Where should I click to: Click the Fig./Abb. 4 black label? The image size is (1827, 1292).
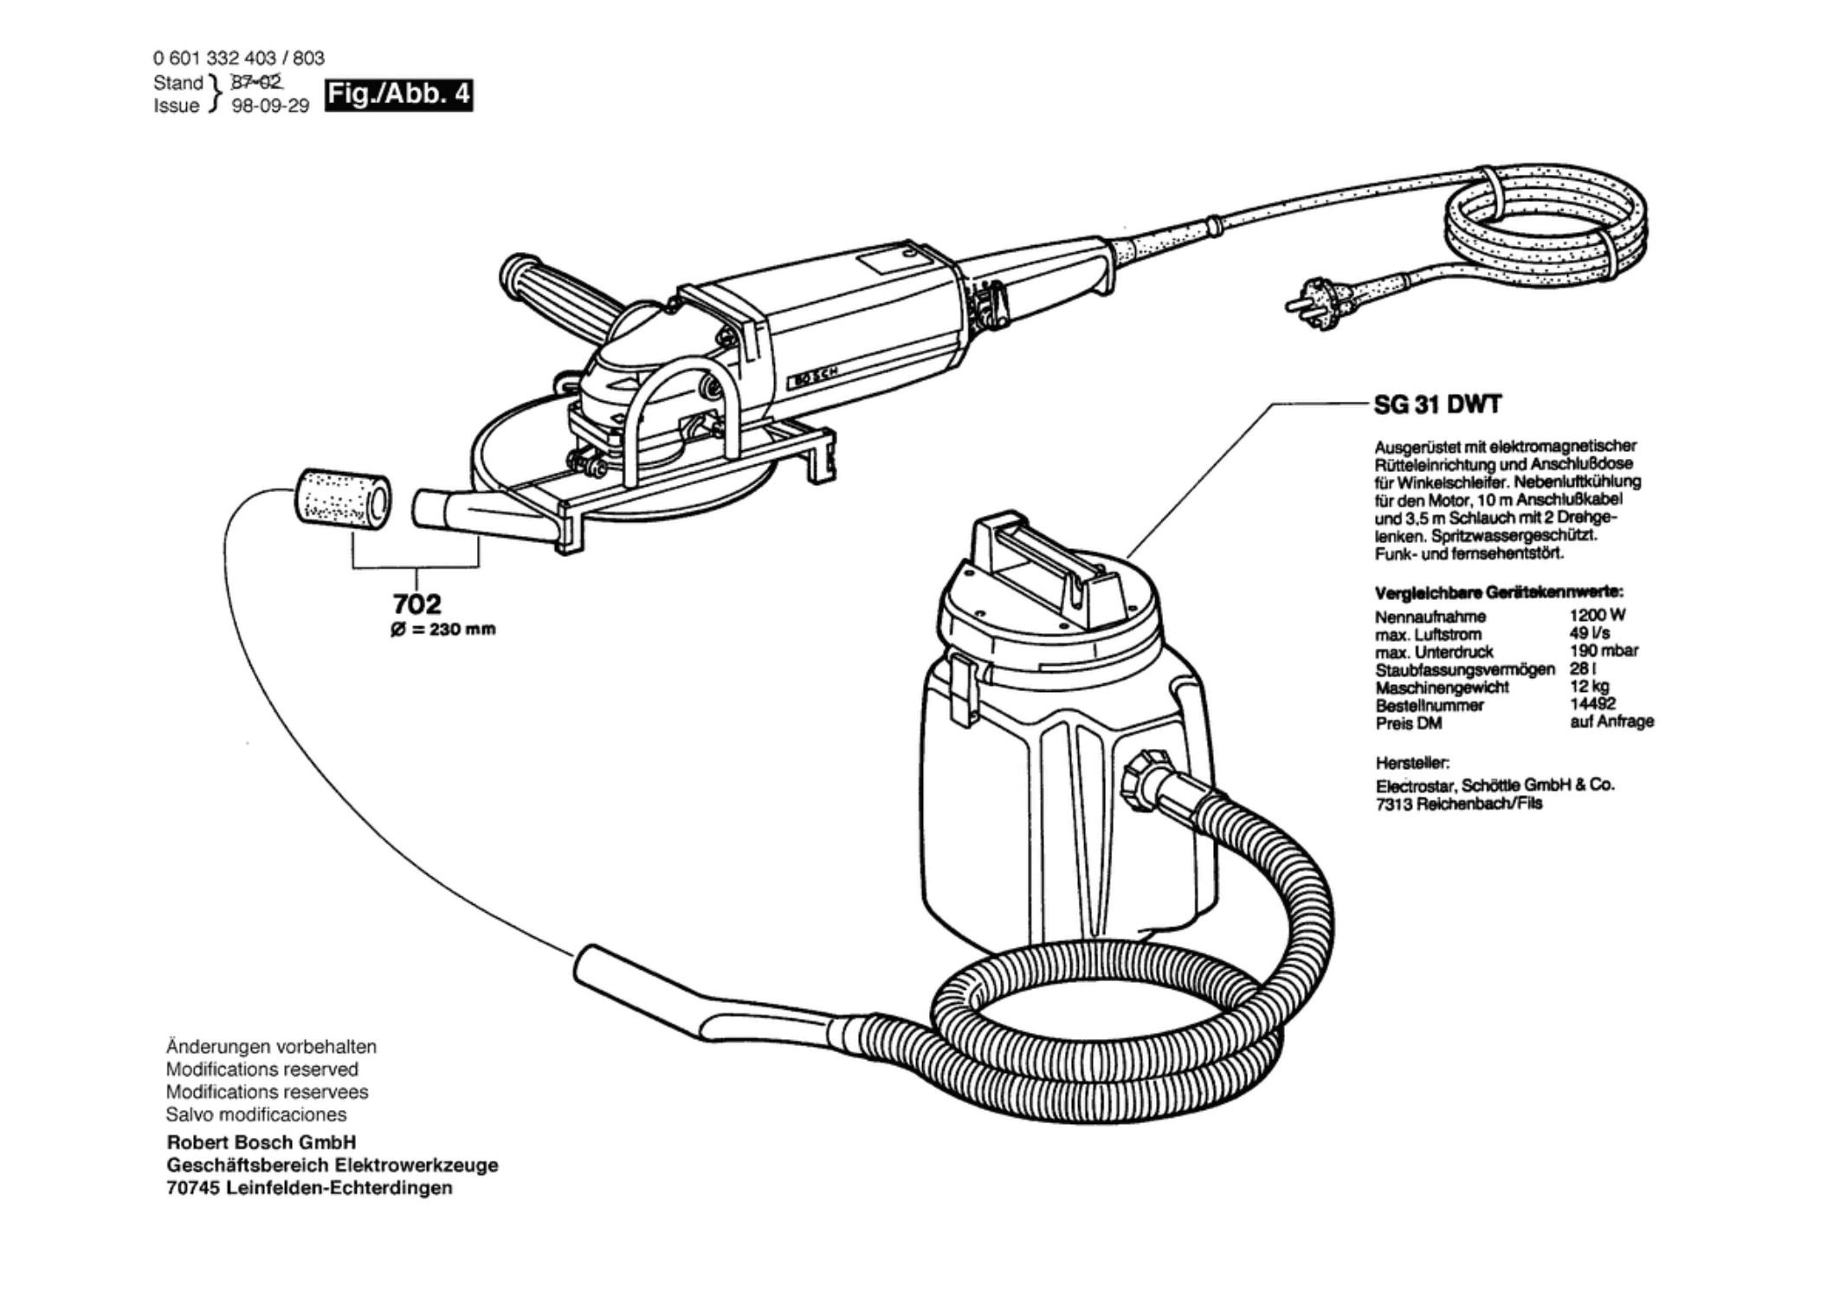click(398, 94)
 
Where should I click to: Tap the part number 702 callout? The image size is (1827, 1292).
click(416, 603)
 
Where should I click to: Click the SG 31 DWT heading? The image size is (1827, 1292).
click(1437, 404)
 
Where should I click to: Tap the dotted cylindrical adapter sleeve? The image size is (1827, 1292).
click(342, 499)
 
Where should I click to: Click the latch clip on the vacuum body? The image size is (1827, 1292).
click(959, 688)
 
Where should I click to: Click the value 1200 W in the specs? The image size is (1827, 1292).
click(1597, 615)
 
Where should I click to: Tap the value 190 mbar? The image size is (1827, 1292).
click(1603, 650)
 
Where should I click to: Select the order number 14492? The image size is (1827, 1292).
click(1592, 704)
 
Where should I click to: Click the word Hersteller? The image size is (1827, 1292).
click(1411, 763)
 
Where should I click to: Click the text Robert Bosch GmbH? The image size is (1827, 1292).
click(261, 1142)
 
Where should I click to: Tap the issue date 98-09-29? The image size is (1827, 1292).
click(270, 106)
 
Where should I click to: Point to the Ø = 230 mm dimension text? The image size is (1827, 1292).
click(442, 630)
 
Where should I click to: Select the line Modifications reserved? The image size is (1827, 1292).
click(261, 1069)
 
